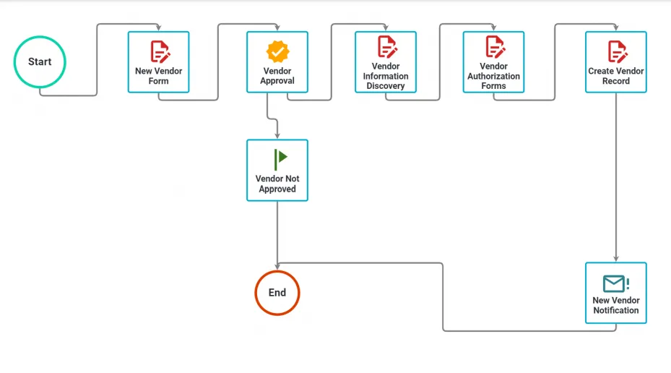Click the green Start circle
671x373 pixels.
click(40, 36)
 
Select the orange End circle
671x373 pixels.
click(277, 272)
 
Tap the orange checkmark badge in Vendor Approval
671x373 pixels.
click(278, 51)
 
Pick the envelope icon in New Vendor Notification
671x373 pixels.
click(616, 283)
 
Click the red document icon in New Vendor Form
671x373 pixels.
click(160, 52)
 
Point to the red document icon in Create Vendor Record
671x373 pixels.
click(618, 52)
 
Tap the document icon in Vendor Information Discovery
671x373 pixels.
click(387, 47)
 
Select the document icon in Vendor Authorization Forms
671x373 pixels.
click(495, 47)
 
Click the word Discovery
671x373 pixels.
click(386, 85)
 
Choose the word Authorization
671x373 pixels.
click(493, 76)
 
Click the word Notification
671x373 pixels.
click(616, 311)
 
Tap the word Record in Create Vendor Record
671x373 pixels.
click(616, 81)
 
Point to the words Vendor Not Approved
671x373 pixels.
click(277, 184)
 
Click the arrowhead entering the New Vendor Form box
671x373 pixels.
click(158, 28)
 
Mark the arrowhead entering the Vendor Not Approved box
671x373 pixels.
click(277, 136)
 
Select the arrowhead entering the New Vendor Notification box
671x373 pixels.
click(616, 259)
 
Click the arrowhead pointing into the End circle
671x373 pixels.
click(277, 266)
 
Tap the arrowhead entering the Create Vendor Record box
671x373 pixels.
click(616, 28)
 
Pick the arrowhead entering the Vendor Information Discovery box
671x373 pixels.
click(386, 28)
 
